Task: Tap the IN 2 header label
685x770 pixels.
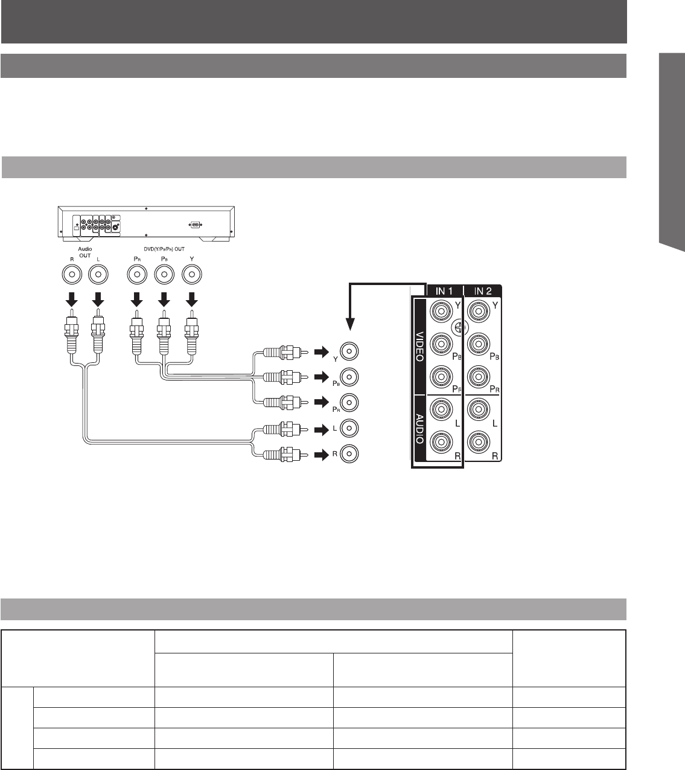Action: click(x=483, y=291)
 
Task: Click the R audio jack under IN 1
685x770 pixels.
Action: click(x=440, y=442)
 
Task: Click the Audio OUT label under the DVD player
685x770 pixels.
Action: click(x=84, y=251)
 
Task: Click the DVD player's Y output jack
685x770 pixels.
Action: click(x=192, y=275)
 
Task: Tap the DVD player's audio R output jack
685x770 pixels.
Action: click(x=72, y=275)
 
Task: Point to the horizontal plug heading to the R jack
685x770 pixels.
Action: click(x=282, y=453)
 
